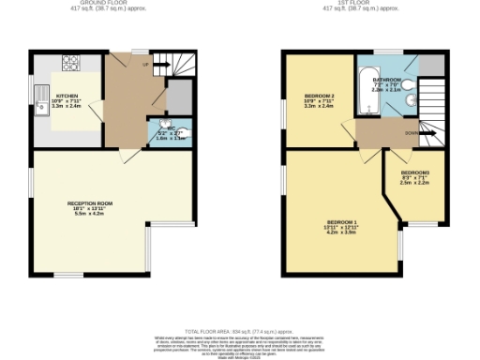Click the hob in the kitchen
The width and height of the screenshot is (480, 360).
pyautogui.click(x=70, y=65)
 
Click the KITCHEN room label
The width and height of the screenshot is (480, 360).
pyautogui.click(x=67, y=96)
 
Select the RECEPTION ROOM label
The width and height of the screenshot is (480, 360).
pyautogui.click(x=90, y=203)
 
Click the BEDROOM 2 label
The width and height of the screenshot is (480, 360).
pyautogui.click(x=320, y=97)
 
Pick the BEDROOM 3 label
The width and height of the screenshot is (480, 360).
pyautogui.click(x=415, y=173)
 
